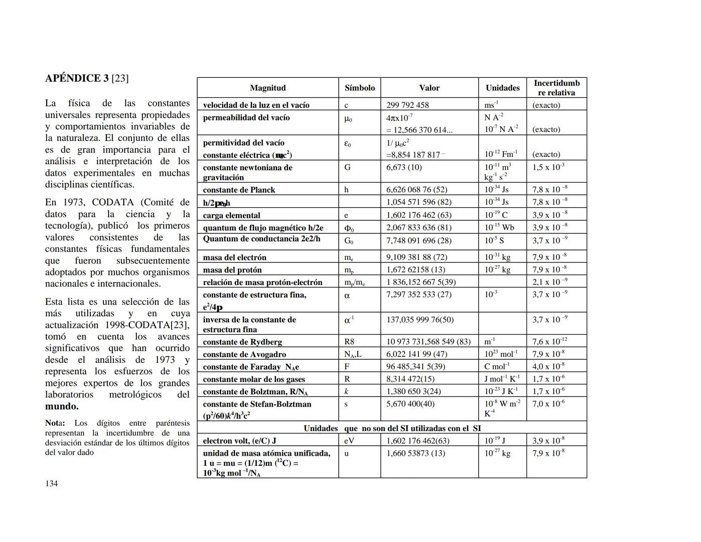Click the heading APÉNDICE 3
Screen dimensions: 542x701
pyautogui.click(x=76, y=78)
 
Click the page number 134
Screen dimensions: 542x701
pyautogui.click(x=51, y=483)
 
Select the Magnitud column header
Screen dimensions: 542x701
pyautogui.click(x=267, y=88)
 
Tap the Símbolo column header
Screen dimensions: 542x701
pyautogui.click(x=359, y=88)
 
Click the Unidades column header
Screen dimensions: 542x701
pyautogui.click(x=502, y=88)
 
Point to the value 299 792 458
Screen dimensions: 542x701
pyautogui.click(x=407, y=105)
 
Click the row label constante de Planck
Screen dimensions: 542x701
pyautogui.click(x=239, y=190)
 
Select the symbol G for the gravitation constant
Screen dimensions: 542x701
pyautogui.click(x=347, y=167)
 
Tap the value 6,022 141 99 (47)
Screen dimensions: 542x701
pyautogui.click(x=416, y=354)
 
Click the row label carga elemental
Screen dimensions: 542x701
pyautogui.click(x=231, y=215)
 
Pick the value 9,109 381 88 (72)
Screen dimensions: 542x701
pyautogui.click(x=416, y=257)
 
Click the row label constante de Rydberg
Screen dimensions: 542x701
pyautogui.click(x=242, y=342)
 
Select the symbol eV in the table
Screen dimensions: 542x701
pyautogui.click(x=349, y=441)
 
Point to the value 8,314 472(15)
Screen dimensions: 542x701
pyautogui.click(x=410, y=379)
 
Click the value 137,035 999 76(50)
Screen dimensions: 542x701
pyautogui.click(x=420, y=320)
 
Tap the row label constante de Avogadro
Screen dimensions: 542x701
pyautogui.click(x=244, y=354)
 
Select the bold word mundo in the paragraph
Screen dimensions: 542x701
pyautogui.click(x=62, y=406)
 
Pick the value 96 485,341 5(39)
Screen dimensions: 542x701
pyautogui.click(x=415, y=367)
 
